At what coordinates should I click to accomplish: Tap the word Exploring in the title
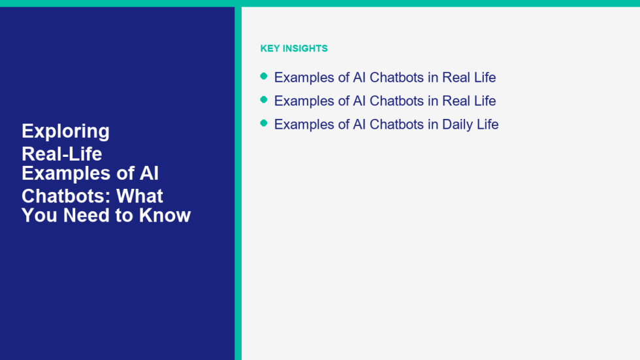coord(66,132)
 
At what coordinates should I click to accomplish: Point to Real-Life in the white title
coord(62,154)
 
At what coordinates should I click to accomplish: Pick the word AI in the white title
coord(149,173)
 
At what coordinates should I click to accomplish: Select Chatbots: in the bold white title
coord(66,196)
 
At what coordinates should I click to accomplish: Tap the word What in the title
coord(140,196)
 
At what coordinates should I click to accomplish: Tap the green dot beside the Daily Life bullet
coord(264,123)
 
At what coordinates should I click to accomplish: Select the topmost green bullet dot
coord(264,76)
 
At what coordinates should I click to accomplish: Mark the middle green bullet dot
coord(264,99)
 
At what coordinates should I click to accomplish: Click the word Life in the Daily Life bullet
coord(489,124)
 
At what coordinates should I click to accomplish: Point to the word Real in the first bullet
coord(455,78)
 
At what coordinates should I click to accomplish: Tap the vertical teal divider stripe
coord(238,183)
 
